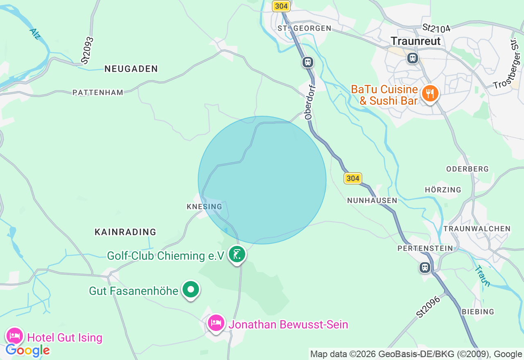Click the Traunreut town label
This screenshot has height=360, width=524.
tap(416, 41)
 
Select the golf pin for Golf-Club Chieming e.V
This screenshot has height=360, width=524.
tap(237, 254)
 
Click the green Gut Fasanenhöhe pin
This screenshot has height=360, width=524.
tap(190, 290)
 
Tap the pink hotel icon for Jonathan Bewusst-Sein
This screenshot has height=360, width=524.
tap(216, 323)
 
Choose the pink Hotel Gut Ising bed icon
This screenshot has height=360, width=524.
tap(15, 336)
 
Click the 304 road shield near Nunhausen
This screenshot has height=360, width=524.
tap(352, 178)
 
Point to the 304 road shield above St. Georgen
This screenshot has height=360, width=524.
tap(281, 6)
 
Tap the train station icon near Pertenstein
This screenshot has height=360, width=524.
tap(425, 268)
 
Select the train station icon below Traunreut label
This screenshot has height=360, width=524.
tap(412, 58)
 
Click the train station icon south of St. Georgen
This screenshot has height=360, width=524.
tap(308, 62)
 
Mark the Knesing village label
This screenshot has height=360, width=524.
tap(204, 207)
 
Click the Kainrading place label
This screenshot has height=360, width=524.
tap(125, 232)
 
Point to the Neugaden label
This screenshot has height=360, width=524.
tap(131, 69)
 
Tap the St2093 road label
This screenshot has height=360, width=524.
tap(88, 50)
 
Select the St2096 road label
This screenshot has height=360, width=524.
tap(428, 307)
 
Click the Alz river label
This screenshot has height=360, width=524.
tap(35, 34)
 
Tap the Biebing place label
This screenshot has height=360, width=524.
tap(478, 312)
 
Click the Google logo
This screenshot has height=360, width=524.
tap(27, 350)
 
